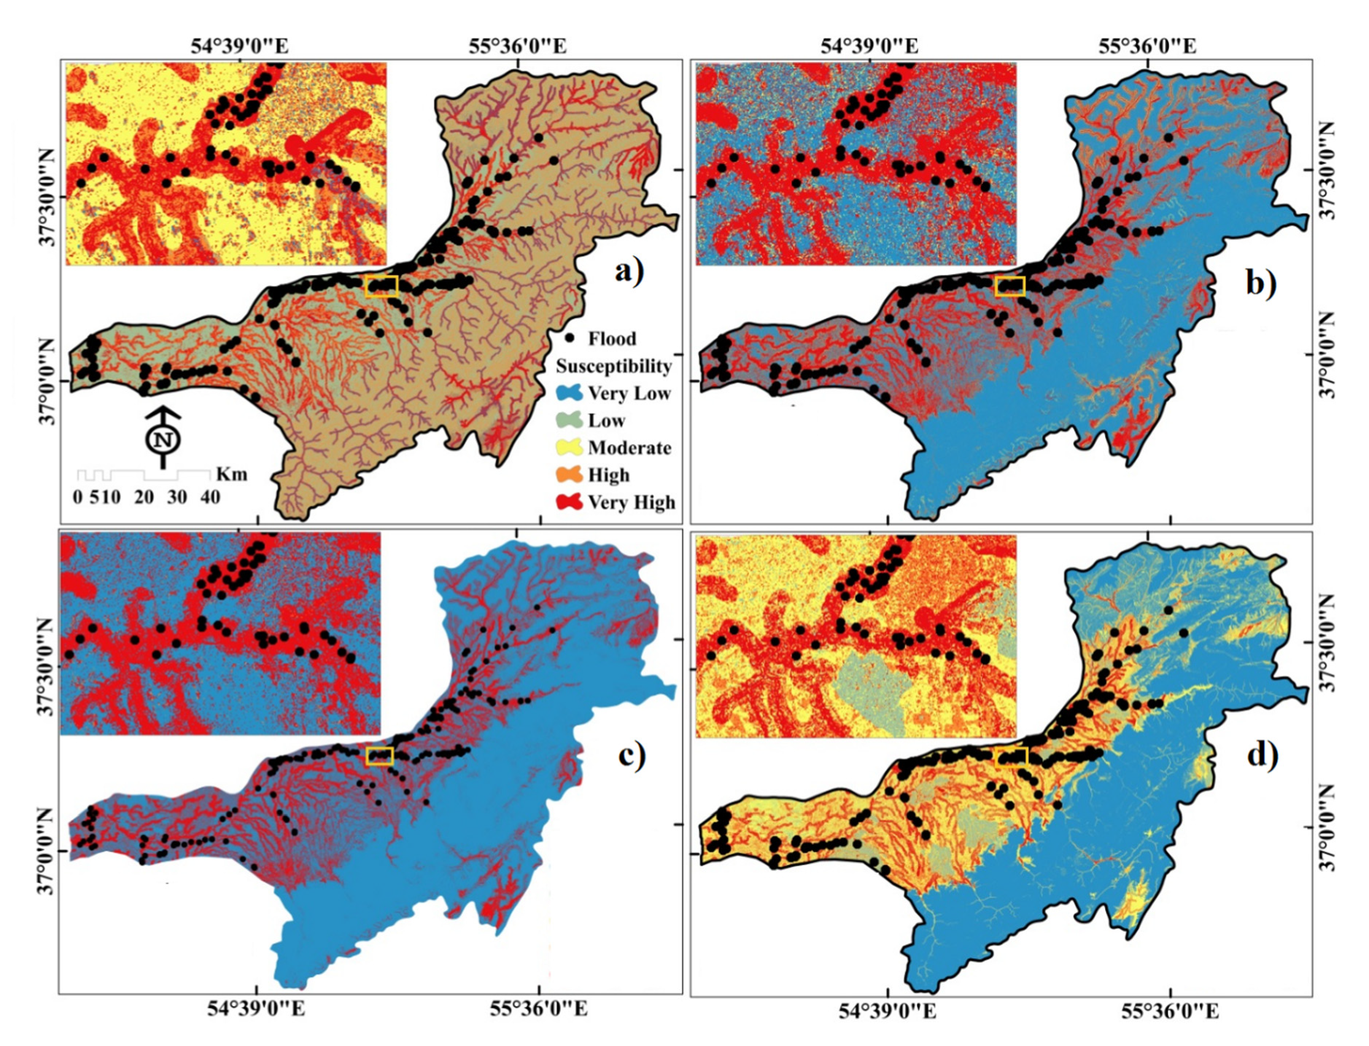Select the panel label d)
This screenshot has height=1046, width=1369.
tap(1263, 755)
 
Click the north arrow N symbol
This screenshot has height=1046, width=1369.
tap(163, 439)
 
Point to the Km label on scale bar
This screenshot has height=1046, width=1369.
tap(231, 475)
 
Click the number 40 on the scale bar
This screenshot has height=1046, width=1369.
tap(210, 498)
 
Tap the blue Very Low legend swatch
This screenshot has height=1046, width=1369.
tap(569, 393)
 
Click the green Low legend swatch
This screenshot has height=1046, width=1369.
tap(569, 421)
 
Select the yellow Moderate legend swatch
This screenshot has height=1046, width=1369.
tap(569, 447)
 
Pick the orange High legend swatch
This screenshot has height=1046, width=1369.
tap(569, 475)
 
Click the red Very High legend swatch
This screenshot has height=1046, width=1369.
tap(569, 501)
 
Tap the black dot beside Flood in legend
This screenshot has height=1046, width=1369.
tap(570, 338)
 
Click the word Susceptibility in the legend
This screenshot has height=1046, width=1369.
tap(613, 366)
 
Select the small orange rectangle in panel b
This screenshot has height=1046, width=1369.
tap(1010, 286)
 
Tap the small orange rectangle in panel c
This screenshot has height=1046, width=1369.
tap(379, 756)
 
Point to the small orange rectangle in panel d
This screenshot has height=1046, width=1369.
tap(1011, 757)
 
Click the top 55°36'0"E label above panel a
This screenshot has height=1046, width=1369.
tap(517, 46)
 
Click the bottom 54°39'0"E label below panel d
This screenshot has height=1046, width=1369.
tap(888, 1011)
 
